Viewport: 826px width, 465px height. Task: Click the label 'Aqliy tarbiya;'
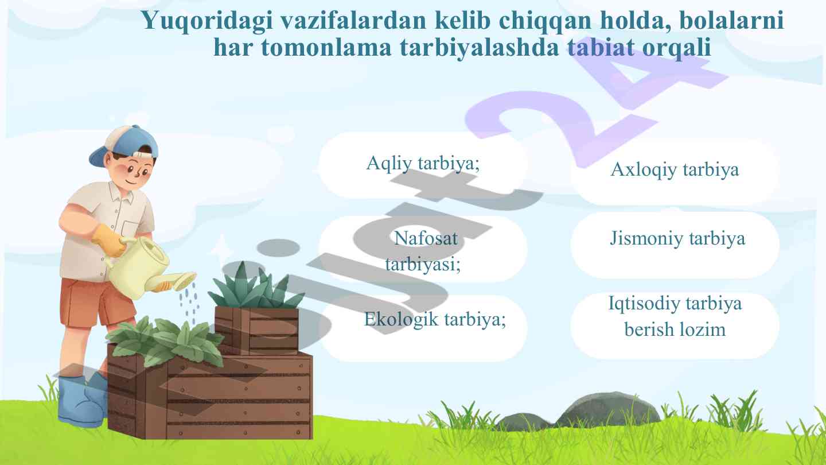tap(423, 164)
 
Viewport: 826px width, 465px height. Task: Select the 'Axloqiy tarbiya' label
tap(675, 170)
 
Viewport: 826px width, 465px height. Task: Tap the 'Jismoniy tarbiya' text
tap(677, 238)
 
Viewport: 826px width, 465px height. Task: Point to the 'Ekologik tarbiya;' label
tap(435, 319)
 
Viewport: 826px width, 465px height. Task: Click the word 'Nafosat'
tap(426, 238)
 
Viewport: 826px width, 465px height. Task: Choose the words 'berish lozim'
tap(675, 330)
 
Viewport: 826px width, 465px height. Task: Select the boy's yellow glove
tap(109, 238)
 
